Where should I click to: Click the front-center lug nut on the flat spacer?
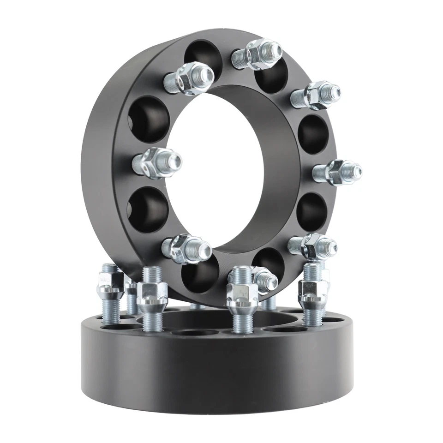pyautogui.click(x=242, y=295)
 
